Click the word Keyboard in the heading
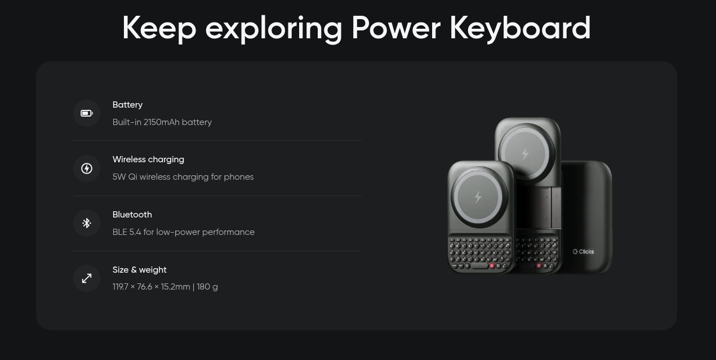pos(520,29)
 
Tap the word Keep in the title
pos(159,29)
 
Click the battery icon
pos(87,113)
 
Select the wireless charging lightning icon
pos(87,168)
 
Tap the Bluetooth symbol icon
pos(87,223)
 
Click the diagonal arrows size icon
pos(87,278)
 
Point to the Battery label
pos(127,105)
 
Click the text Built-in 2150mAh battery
pos(162,122)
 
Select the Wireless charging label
pos(148,159)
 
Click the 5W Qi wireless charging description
pos(183,177)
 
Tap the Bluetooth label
pos(132,215)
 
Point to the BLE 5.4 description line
pos(184,232)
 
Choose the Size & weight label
pos(139,270)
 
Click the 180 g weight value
pos(207,287)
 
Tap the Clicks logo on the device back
pos(584,252)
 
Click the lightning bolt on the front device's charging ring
pos(478,197)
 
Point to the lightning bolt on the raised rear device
pos(525,154)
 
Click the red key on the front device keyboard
pos(492,266)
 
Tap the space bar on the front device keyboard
pos(479,266)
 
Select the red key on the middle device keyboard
pos(539,265)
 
